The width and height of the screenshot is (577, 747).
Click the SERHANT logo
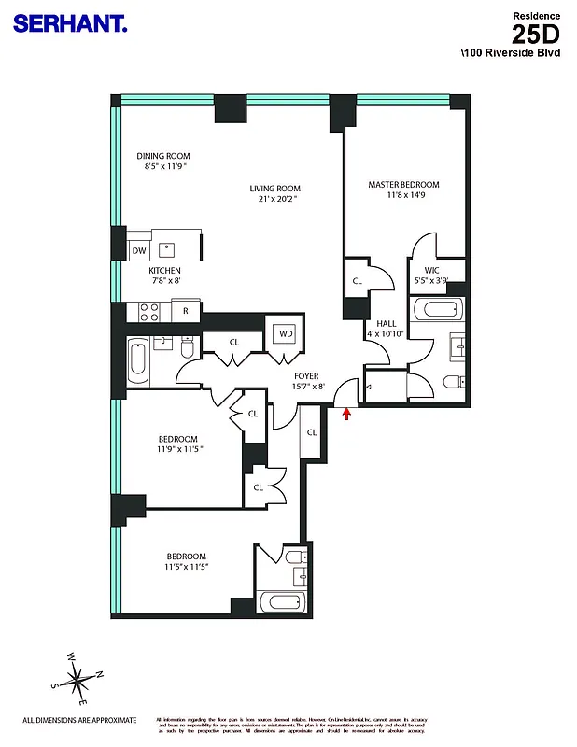[x=69, y=24]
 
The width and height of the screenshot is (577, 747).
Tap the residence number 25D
[x=538, y=35]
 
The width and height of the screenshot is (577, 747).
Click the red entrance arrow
[x=348, y=412]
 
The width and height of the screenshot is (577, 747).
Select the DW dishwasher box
[x=138, y=250]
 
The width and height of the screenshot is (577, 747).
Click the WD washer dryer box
[x=284, y=333]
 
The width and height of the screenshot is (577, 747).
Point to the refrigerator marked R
[x=186, y=310]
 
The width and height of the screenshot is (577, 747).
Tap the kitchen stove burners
[x=149, y=310]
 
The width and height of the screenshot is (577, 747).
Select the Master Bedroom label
[x=403, y=185]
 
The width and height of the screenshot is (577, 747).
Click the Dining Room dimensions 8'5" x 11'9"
[x=163, y=167]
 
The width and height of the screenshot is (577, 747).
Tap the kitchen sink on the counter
[x=169, y=249]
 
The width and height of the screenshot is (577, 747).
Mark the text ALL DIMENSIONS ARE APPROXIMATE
[x=79, y=720]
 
